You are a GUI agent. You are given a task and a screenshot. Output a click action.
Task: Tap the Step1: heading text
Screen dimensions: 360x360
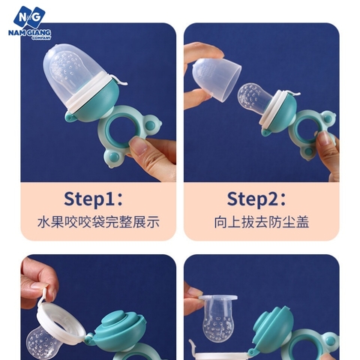(x=98, y=199)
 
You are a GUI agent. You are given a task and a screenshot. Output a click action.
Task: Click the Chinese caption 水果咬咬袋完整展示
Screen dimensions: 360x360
(x=98, y=223)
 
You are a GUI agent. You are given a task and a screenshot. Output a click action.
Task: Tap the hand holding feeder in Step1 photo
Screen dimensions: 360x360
(x=154, y=154)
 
